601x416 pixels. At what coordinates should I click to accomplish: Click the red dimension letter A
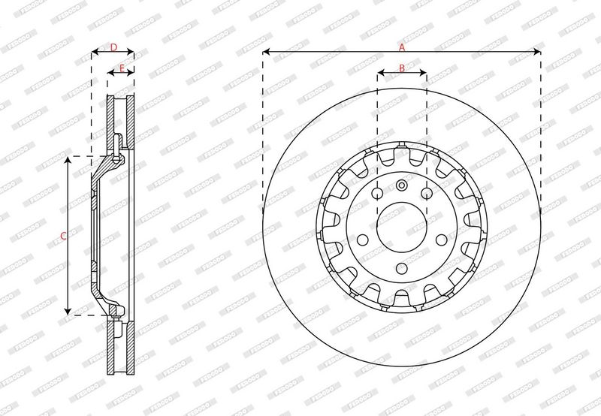[402, 47]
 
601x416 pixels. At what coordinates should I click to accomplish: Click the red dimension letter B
[402, 68]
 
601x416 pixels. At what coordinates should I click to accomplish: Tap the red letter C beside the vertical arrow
[64, 236]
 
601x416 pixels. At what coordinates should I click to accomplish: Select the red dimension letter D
[113, 47]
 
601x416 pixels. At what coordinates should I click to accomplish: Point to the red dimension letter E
[122, 68]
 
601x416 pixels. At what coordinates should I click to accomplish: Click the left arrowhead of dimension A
[267, 51]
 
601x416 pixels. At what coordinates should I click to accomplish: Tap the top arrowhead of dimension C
[68, 161]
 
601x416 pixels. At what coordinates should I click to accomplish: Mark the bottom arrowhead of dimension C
[68, 311]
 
